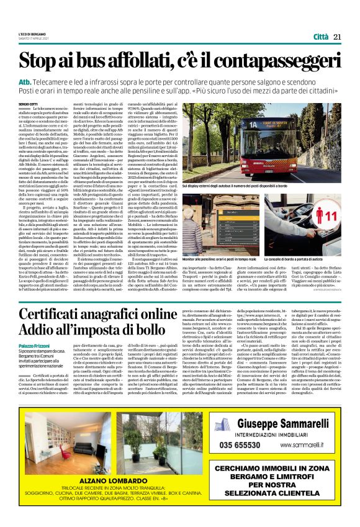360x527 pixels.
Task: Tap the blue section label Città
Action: tap(321, 37)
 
